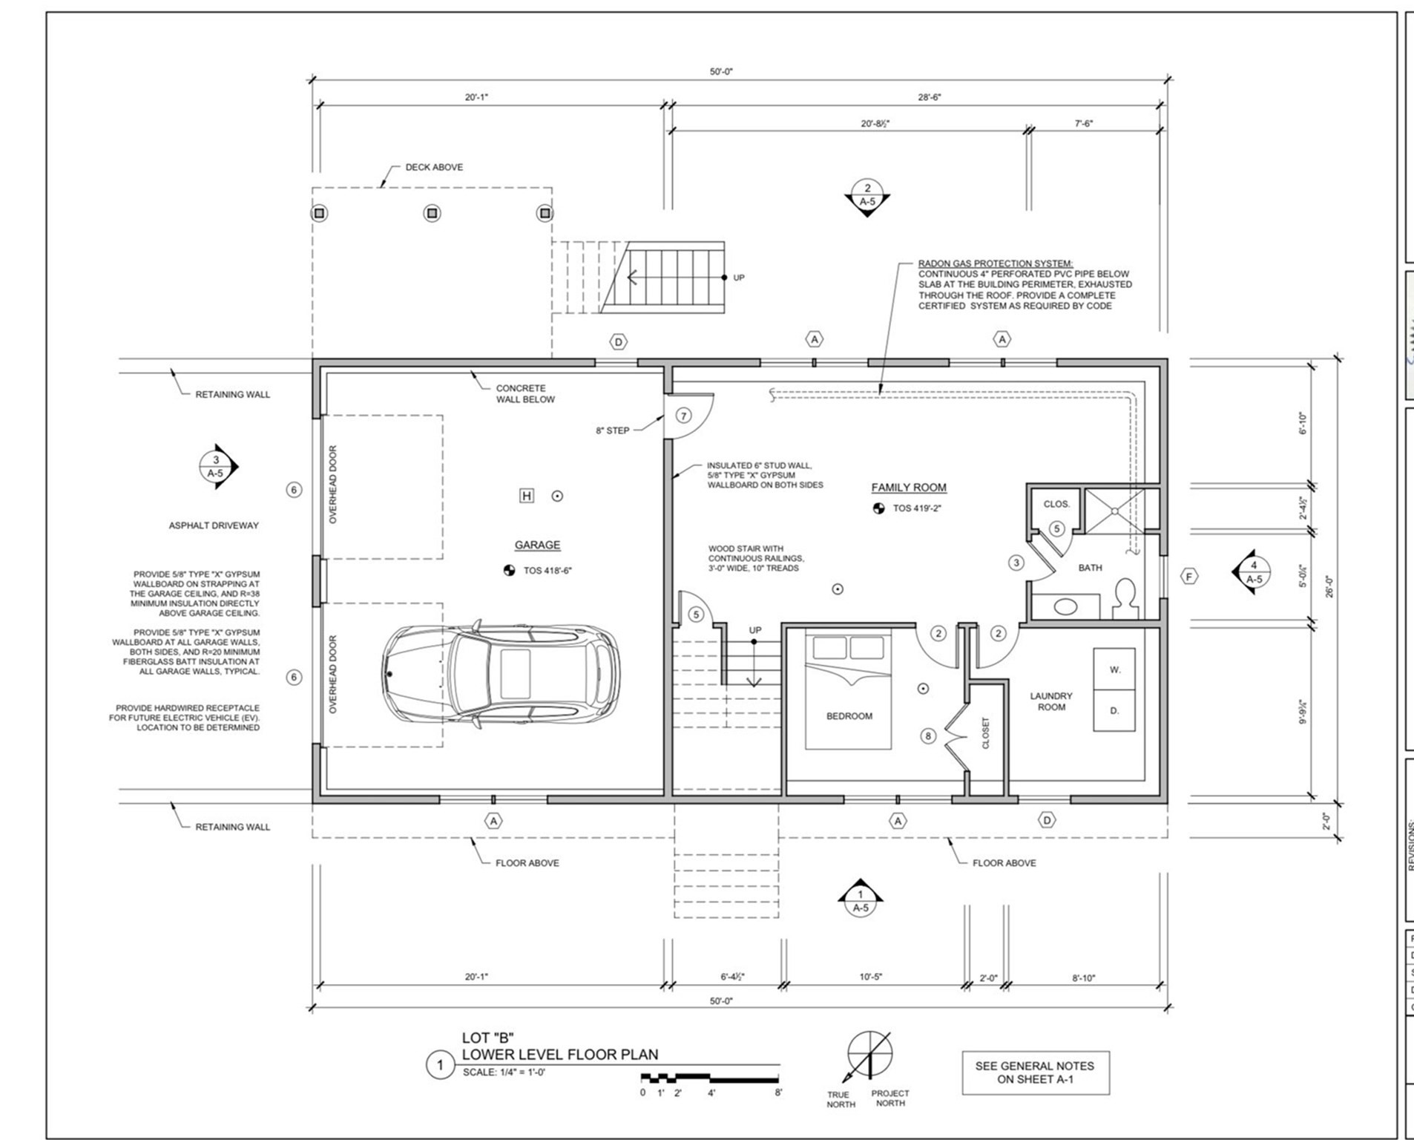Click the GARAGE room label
(x=537, y=545)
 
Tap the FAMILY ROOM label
(x=908, y=488)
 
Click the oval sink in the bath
(x=1065, y=606)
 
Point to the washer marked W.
(x=1114, y=669)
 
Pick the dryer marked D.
(x=1114, y=711)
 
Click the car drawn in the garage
(x=502, y=673)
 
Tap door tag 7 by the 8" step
(x=683, y=416)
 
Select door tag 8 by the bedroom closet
(x=928, y=736)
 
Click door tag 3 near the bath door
(x=1016, y=563)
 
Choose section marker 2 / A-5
(x=867, y=195)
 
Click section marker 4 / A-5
(x=1253, y=572)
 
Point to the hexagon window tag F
(x=1188, y=577)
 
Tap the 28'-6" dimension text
(x=929, y=97)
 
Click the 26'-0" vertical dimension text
(x=1329, y=586)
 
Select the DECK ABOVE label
(x=434, y=167)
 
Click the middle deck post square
(x=432, y=214)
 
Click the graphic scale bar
(x=710, y=1077)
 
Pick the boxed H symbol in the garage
(x=526, y=496)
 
